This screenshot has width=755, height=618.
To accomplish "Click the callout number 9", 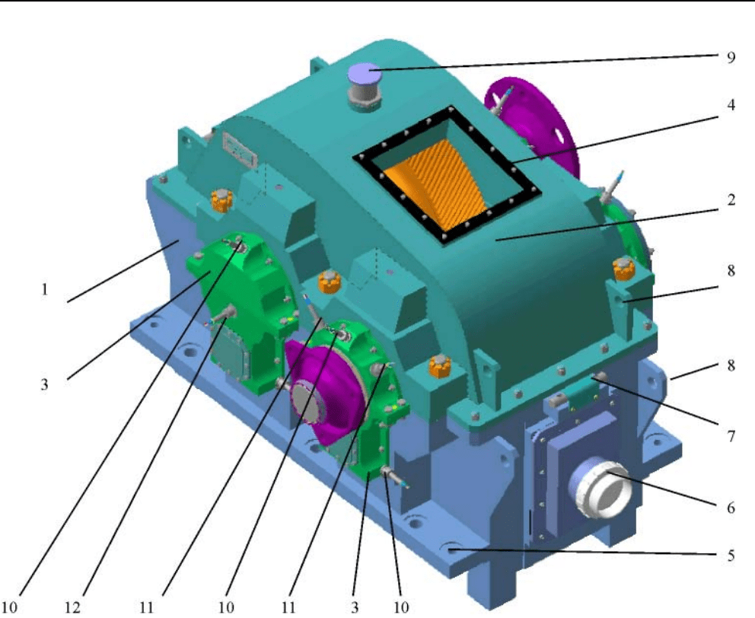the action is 731,58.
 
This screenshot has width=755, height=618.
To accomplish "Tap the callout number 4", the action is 731,104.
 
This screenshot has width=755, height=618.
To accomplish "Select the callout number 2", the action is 731,199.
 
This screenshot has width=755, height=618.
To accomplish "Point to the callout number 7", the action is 731,436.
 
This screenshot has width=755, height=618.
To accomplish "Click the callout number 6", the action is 731,507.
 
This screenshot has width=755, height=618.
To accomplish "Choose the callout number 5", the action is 731,556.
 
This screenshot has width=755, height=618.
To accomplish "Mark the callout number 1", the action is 45,289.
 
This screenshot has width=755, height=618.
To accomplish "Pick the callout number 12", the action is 73,607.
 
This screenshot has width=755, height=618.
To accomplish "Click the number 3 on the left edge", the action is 44,384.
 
